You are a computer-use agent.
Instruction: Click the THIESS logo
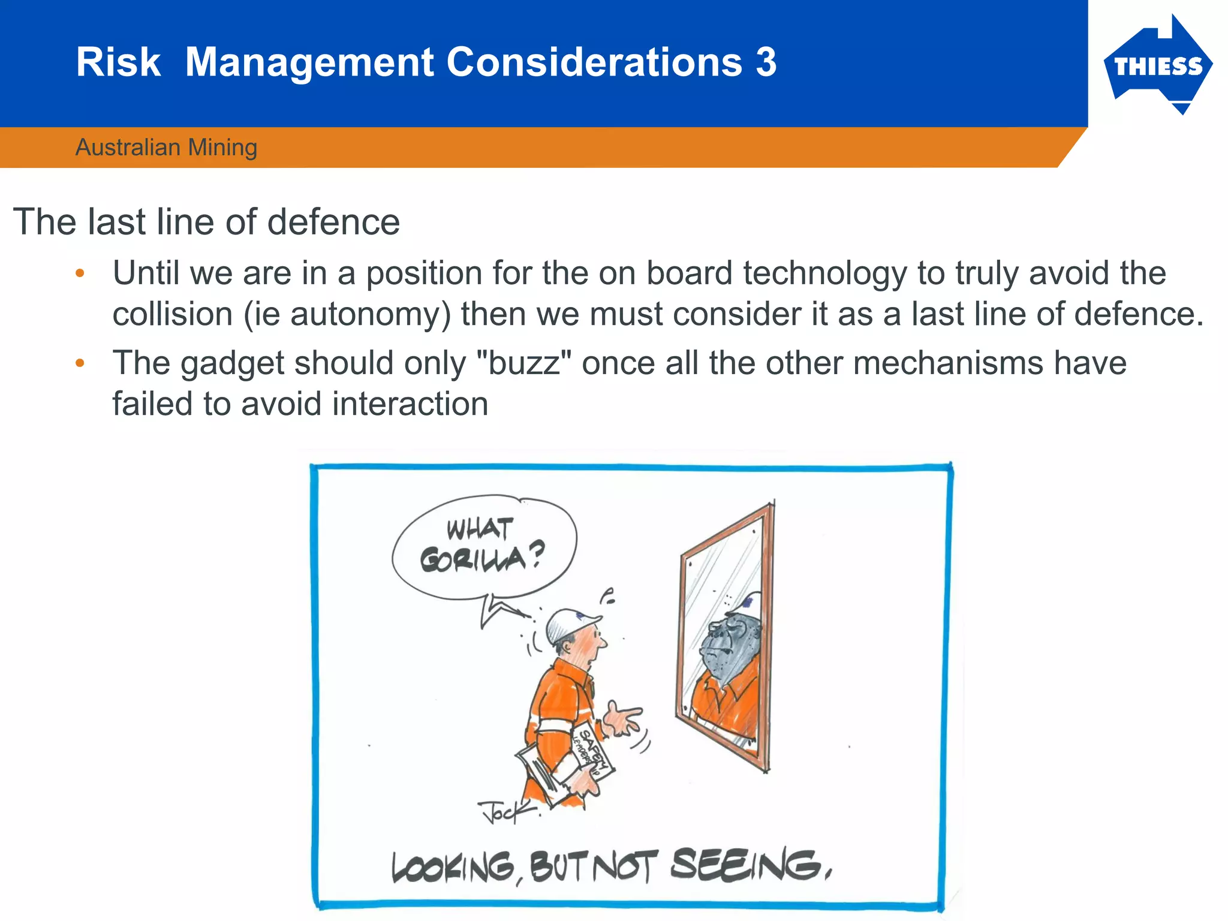pos(1157,66)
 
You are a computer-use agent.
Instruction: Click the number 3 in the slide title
pos(766,62)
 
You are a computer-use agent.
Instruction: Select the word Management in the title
pos(309,62)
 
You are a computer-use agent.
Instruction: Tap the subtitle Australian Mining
pos(166,148)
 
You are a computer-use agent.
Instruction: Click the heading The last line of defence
pos(206,222)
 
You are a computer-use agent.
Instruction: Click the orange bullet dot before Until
pos(80,274)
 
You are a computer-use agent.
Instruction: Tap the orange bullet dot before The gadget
pos(80,363)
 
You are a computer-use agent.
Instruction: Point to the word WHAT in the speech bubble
pos(480,529)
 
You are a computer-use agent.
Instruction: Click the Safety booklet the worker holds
pos(591,753)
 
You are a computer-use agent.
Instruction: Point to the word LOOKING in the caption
pos(453,868)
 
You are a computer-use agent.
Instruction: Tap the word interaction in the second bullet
pos(410,404)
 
